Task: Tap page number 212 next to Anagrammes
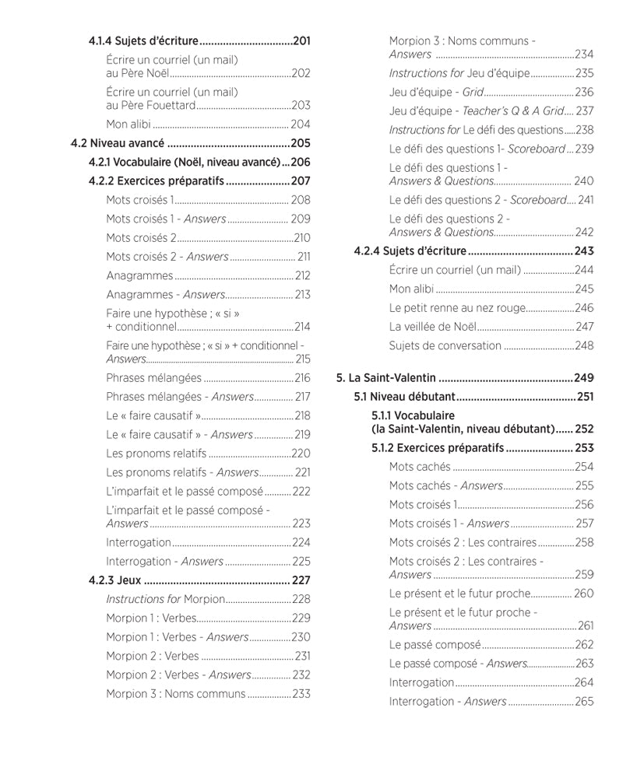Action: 302,275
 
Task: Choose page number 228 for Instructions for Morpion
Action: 301,599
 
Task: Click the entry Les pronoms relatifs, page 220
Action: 156,454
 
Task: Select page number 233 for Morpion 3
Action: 301,694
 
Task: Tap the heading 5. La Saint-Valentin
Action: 385,378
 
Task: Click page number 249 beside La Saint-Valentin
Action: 584,378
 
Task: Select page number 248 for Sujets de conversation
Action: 584,345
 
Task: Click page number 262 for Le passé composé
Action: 584,644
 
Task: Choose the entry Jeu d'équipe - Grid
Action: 437,92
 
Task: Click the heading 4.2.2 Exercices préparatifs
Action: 156,181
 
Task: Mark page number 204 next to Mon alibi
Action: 301,124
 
